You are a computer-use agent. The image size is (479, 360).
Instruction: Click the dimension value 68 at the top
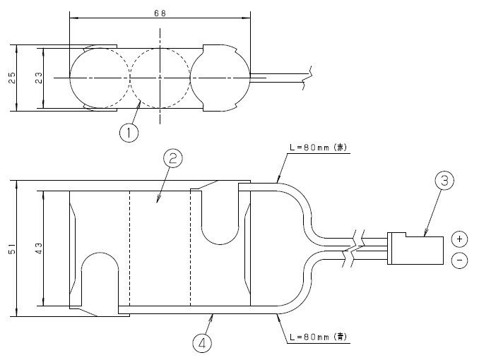[x=160, y=13]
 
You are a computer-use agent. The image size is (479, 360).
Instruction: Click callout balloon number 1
[x=129, y=133]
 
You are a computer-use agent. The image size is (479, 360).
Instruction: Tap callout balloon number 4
[x=201, y=344]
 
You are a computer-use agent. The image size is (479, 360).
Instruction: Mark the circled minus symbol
[x=459, y=261]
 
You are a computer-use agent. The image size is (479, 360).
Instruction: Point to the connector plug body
[x=417, y=249]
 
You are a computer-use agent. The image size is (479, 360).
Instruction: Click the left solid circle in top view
[x=100, y=76]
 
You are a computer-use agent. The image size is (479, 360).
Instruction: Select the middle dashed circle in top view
[x=160, y=76]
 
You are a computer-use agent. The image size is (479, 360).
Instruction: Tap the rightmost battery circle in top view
[x=220, y=76]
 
